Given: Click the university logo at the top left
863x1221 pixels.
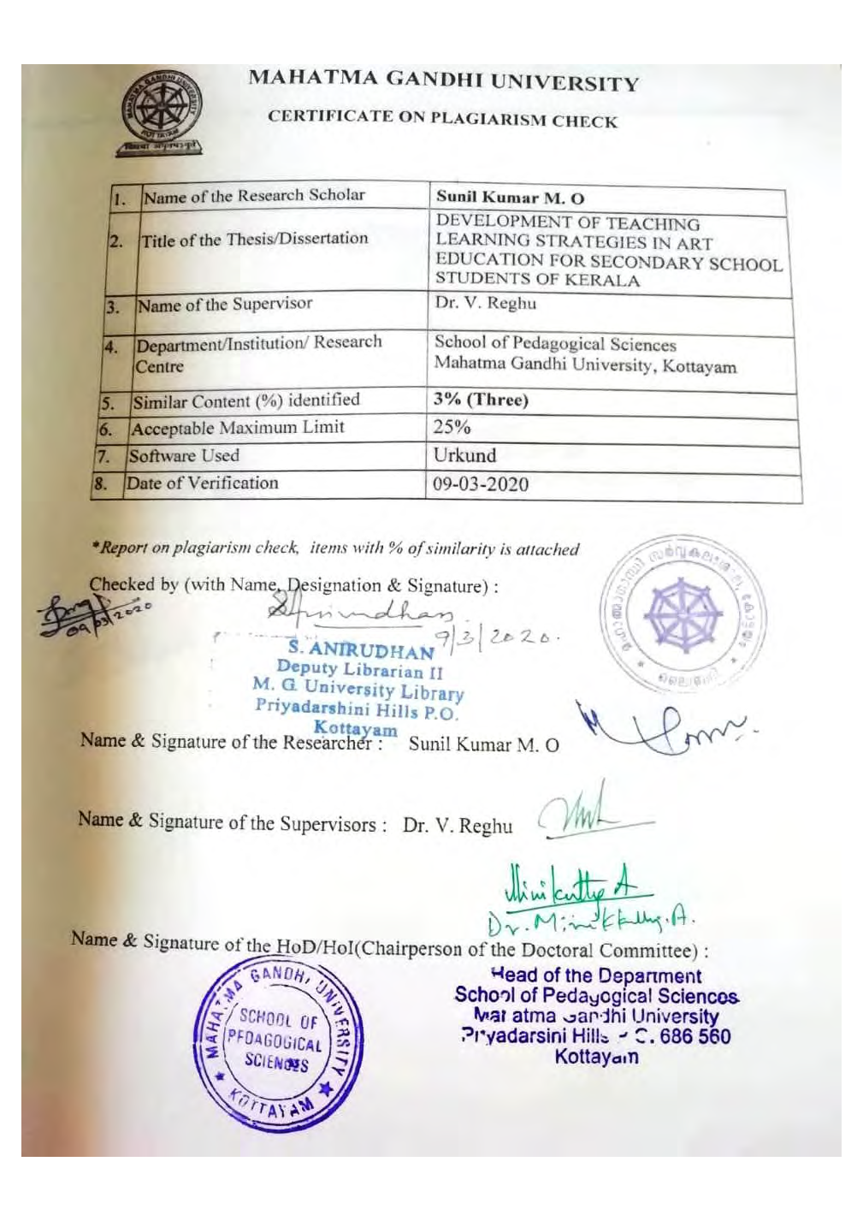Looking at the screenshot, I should (x=159, y=110).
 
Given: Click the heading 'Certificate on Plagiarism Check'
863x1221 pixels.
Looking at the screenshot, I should (x=441, y=118).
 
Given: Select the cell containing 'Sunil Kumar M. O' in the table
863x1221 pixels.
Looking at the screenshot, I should (x=511, y=197).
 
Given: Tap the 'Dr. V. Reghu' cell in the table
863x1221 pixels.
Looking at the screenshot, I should (x=485, y=303).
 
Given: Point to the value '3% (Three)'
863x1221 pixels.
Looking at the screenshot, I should (x=481, y=400).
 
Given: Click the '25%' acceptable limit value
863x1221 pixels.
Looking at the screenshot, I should (x=452, y=427).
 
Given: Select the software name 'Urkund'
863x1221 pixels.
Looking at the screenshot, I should (x=464, y=455).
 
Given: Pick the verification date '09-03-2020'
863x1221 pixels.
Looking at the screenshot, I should (x=480, y=484).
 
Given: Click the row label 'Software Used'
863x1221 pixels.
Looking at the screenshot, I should (x=184, y=456).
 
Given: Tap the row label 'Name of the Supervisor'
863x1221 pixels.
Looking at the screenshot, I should (x=225, y=305).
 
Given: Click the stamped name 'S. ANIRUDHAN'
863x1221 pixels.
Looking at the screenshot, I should (x=361, y=649).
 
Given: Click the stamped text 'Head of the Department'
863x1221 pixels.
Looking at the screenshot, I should (x=596, y=975).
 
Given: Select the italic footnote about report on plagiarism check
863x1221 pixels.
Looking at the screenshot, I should (x=335, y=548).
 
